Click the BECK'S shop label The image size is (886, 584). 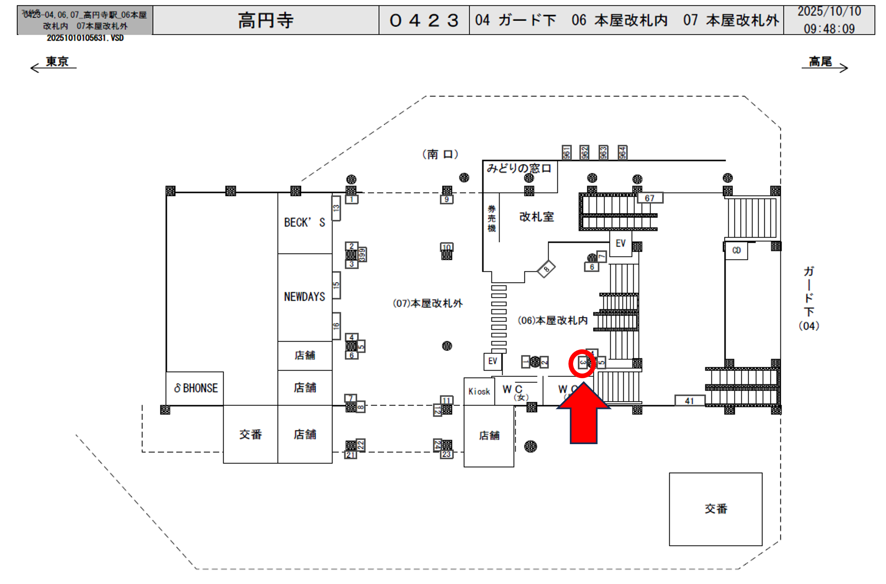304,222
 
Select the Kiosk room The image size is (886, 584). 479,391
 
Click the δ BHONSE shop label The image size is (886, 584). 196,388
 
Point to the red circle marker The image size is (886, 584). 582,363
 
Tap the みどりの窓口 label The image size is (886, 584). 519,168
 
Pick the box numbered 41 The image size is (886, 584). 689,401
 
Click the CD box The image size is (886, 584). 736,250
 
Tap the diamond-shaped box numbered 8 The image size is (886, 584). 546,268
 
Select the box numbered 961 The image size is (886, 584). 566,152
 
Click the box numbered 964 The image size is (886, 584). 622,152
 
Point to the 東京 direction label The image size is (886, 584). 57,61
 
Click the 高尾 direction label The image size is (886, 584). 820,61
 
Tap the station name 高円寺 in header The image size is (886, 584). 265,20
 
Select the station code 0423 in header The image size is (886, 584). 424,20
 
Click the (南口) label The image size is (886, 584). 440,154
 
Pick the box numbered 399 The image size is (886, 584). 362,255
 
